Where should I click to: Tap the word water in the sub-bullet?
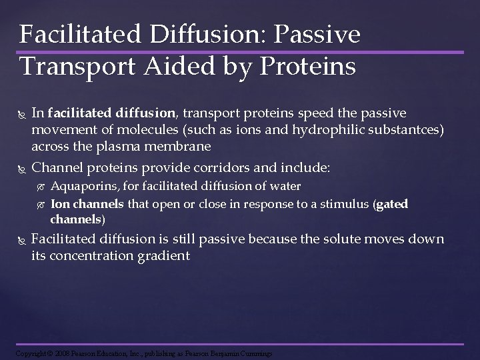point(287,186)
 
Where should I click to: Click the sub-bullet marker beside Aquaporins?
point(41,187)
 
